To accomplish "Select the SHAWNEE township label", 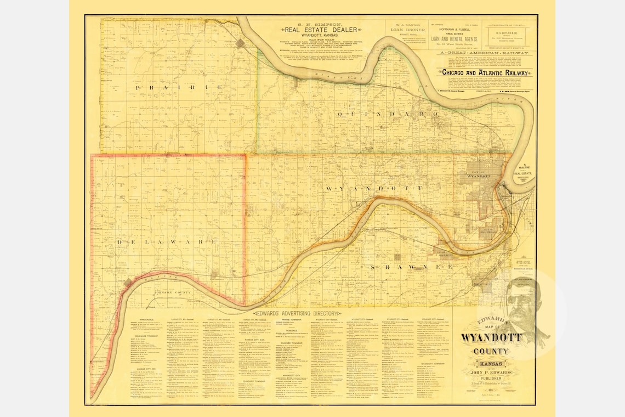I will (x=411, y=267).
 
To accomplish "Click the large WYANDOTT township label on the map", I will (x=374, y=188).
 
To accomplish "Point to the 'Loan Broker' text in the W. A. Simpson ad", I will (x=405, y=31).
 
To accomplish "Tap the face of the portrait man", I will (x=520, y=299).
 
